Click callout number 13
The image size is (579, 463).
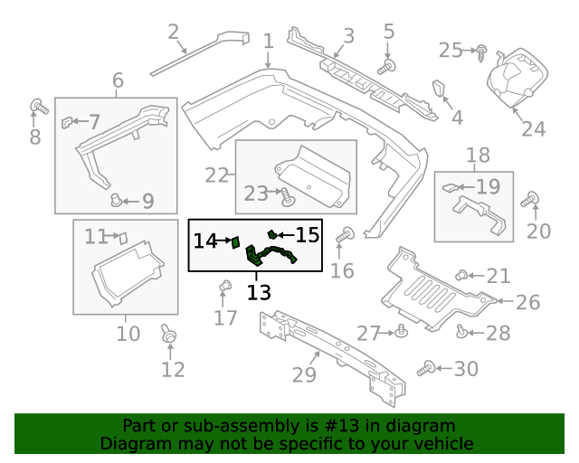click(259, 292)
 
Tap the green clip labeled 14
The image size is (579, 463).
click(234, 241)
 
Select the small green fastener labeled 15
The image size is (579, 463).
click(271, 235)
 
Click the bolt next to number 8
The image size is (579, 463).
click(38, 107)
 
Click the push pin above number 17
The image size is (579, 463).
click(224, 288)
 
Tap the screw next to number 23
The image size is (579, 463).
click(285, 194)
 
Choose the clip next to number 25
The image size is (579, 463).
click(480, 51)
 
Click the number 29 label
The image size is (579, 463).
click(305, 373)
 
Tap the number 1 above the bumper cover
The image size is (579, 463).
click(268, 42)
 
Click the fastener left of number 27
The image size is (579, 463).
click(401, 333)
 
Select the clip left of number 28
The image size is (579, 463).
click(462, 333)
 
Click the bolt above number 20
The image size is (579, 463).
click(533, 199)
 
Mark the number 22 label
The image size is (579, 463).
click(216, 175)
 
